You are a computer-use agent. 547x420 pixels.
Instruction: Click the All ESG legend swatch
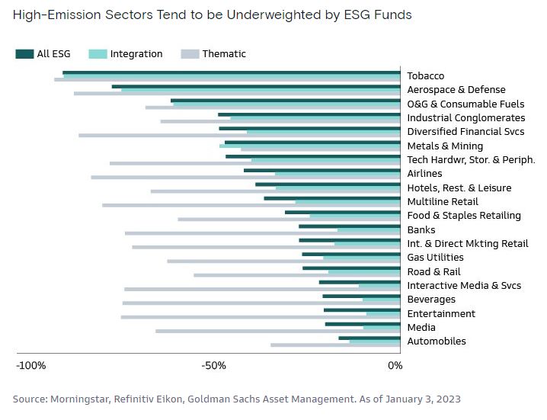pyautogui.click(x=24, y=54)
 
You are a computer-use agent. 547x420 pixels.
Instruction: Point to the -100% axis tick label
pyautogui.click(x=31, y=366)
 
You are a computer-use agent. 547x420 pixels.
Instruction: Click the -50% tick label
pyautogui.click(x=214, y=366)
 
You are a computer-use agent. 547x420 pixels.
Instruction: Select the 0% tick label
pyautogui.click(x=395, y=366)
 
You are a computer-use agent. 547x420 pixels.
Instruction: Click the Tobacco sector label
pyautogui.click(x=425, y=76)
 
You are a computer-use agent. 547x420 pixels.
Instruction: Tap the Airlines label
pyautogui.click(x=424, y=174)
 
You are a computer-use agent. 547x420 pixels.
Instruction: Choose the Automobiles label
pyautogui.click(x=437, y=341)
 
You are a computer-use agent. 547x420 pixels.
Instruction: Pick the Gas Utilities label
pyautogui.click(x=435, y=258)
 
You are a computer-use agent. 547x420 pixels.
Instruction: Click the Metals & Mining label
pyautogui.click(x=445, y=146)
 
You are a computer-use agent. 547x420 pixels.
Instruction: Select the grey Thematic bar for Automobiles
pyautogui.click(x=335, y=345)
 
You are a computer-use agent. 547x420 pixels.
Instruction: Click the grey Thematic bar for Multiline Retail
pyautogui.click(x=251, y=205)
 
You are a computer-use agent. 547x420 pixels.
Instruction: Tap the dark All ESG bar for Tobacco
pyautogui.click(x=232, y=72)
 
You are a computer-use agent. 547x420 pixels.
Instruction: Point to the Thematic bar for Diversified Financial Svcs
pyautogui.click(x=239, y=136)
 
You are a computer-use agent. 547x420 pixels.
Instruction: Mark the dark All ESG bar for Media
pyautogui.click(x=363, y=324)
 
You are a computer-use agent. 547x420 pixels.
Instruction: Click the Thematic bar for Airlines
pyautogui.click(x=245, y=178)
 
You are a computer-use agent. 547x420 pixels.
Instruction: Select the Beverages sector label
pyautogui.click(x=431, y=300)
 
